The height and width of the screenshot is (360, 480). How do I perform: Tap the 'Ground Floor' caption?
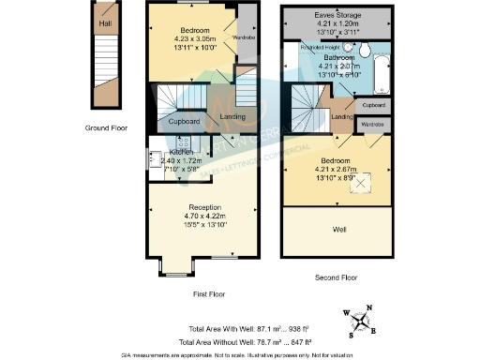(105, 127)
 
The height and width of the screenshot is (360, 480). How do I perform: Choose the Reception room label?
(203, 207)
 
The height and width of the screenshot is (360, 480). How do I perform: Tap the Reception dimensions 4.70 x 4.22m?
(203, 217)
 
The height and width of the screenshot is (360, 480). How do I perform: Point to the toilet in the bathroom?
(364, 51)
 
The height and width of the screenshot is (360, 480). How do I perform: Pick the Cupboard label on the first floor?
(184, 122)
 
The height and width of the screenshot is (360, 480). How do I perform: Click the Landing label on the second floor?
(341, 116)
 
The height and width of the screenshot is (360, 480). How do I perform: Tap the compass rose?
(362, 319)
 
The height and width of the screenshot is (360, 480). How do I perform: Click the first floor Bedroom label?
(194, 30)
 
